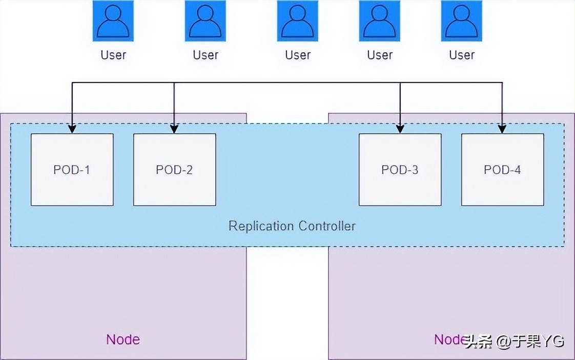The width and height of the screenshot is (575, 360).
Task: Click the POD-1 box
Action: (x=72, y=170)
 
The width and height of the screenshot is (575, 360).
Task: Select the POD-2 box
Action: (x=174, y=170)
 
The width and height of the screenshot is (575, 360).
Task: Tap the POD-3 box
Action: (x=400, y=170)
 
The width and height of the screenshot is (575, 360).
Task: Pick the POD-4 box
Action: (x=502, y=170)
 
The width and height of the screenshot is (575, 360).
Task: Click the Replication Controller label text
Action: (x=292, y=226)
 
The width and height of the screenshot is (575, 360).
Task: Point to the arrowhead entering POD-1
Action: (x=72, y=129)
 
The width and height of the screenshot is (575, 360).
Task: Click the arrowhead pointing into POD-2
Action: (x=174, y=129)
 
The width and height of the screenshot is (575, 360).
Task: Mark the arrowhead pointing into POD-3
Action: (x=400, y=129)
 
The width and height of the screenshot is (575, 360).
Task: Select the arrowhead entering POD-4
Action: (x=502, y=129)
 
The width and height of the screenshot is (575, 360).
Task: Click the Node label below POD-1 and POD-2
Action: (x=123, y=339)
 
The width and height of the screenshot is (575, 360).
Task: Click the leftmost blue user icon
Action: (x=113, y=21)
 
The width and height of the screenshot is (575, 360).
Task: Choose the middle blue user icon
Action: (x=297, y=21)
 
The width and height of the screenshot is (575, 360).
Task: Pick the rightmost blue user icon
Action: (x=461, y=21)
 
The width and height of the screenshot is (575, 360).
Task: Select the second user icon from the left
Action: (x=205, y=21)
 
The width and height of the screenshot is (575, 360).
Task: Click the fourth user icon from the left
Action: (x=379, y=21)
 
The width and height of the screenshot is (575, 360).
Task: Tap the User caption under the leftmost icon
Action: (x=113, y=55)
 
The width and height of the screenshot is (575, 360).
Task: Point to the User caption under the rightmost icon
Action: (x=462, y=55)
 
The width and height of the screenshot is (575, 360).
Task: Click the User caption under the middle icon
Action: (x=298, y=55)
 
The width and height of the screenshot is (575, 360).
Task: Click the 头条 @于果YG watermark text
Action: (x=514, y=341)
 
